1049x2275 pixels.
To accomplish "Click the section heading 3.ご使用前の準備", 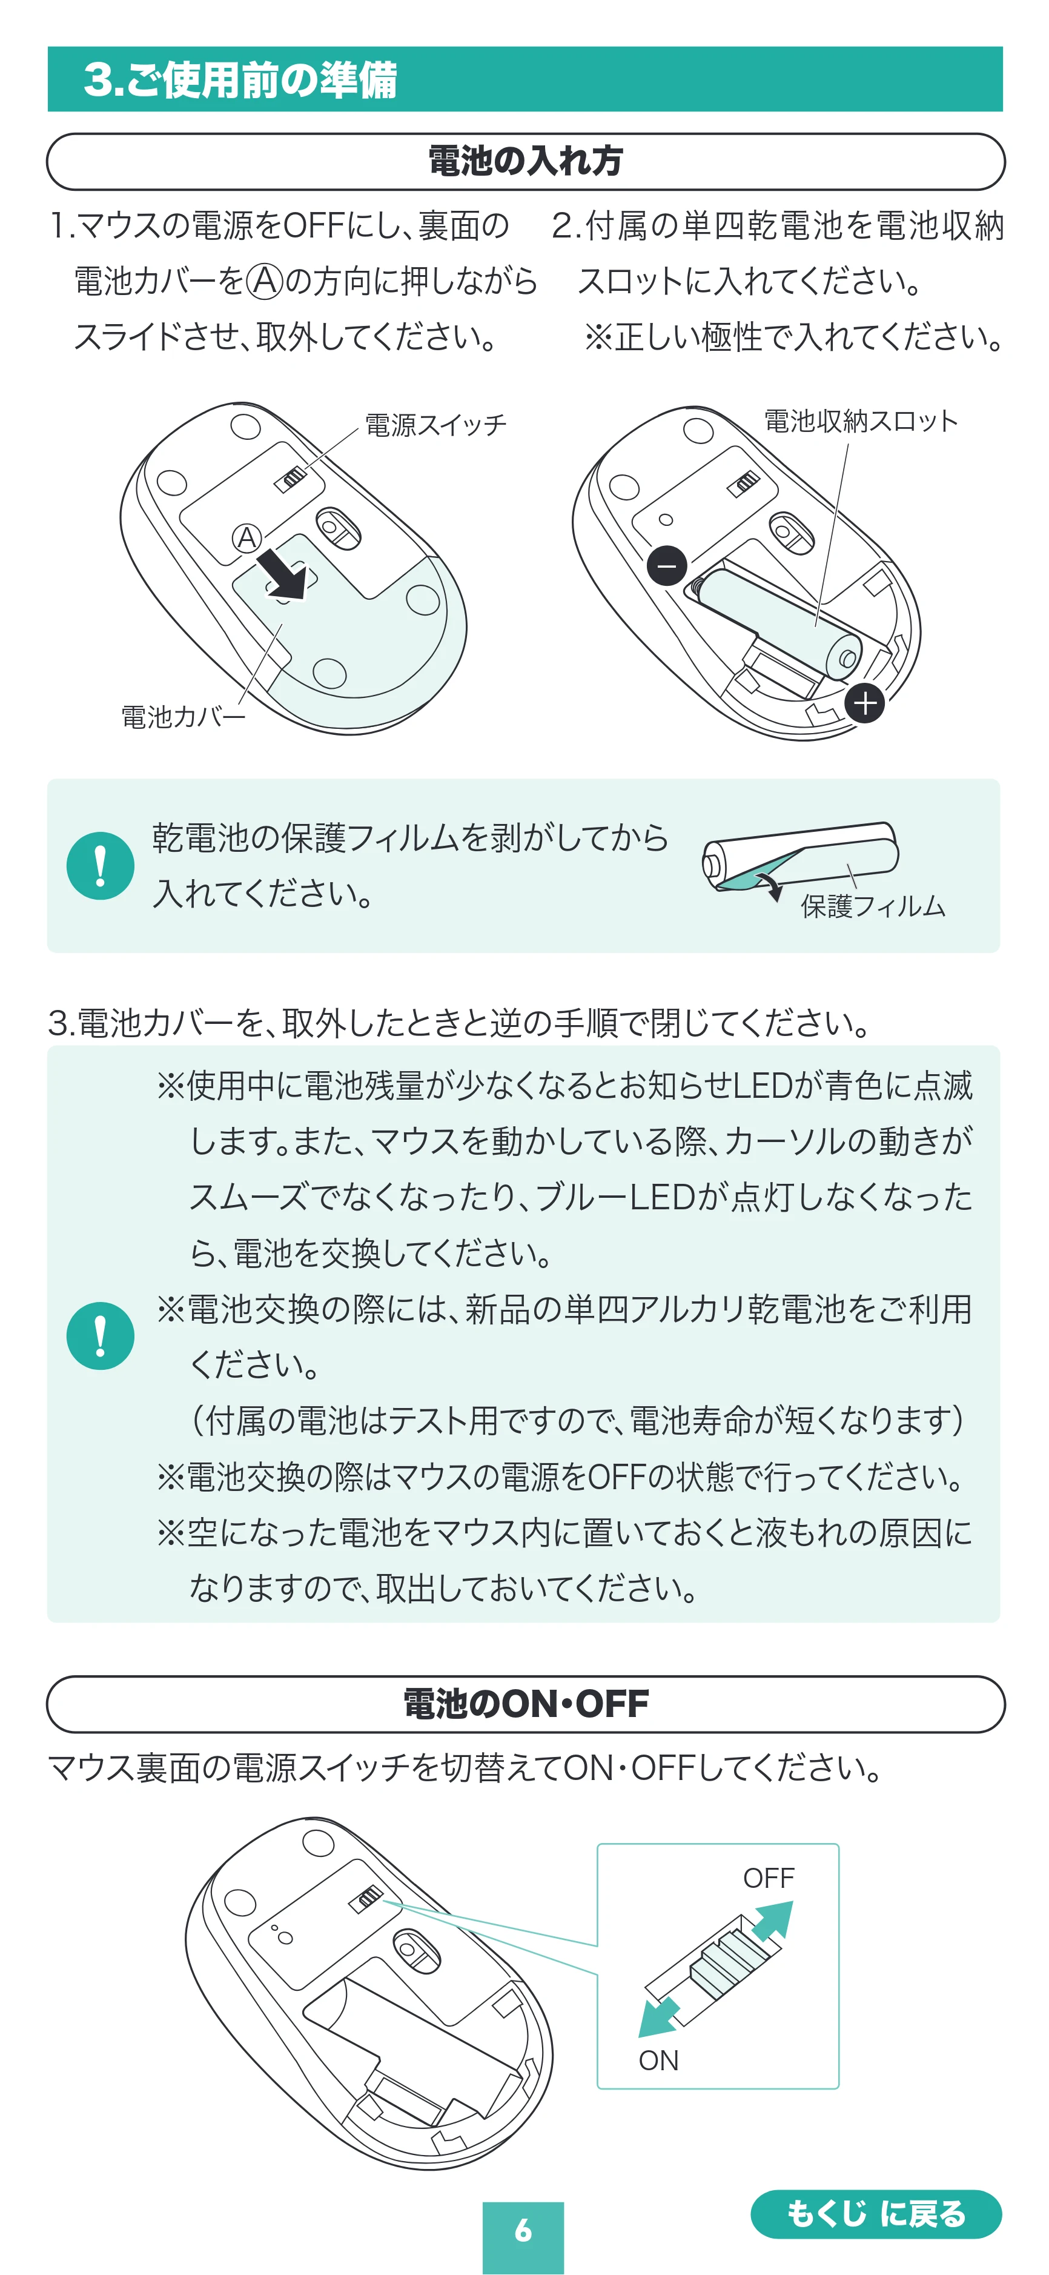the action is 240,79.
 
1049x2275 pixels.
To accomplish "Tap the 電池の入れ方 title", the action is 525,162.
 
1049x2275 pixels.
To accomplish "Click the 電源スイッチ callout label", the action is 436,425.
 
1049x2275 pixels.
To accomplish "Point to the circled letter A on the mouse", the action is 247,537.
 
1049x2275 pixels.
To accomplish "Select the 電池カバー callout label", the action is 183,716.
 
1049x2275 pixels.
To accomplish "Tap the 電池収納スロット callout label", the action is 861,421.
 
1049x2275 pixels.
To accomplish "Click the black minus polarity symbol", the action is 667,565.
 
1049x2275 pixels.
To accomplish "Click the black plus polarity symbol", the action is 864,703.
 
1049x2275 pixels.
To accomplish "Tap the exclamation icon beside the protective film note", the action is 101,866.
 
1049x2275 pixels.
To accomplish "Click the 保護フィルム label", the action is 872,906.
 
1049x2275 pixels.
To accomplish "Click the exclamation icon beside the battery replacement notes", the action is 101,1335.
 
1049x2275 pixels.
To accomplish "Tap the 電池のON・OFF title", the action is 525,1704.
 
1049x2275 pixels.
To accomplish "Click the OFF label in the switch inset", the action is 768,1878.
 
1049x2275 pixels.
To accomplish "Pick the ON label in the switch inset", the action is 659,2061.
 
